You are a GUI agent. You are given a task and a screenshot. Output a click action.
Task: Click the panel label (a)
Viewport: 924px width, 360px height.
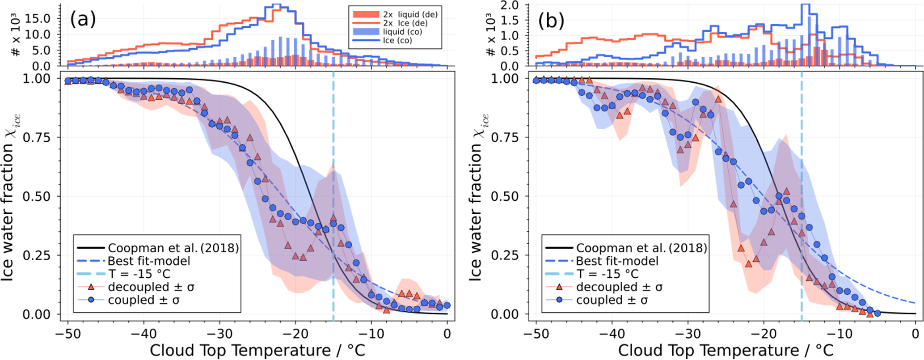pos(83,20)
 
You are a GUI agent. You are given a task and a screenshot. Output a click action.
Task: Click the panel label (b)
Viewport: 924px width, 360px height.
pos(551,21)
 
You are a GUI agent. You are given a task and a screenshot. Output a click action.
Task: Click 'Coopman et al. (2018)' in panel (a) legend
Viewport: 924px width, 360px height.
pos(173,248)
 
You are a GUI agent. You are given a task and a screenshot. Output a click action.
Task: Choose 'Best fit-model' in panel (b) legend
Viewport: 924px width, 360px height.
pos(617,261)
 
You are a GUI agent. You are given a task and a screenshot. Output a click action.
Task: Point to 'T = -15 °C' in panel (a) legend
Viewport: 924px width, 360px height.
pos(139,274)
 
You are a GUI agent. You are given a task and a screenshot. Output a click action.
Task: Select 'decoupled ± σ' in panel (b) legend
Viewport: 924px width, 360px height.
pos(619,287)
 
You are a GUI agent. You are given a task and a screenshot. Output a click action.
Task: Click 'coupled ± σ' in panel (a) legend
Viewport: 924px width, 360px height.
pos(143,300)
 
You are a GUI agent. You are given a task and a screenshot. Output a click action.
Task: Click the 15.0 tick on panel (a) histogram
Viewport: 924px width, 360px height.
pos(43,18)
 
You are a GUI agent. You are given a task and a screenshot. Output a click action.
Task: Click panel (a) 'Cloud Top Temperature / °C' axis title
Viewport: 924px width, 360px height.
pos(257,350)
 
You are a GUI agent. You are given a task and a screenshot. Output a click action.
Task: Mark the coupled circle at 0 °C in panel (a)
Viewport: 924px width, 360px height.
pos(447,305)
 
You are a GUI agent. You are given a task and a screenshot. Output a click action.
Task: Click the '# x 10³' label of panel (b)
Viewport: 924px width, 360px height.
pos(491,36)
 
